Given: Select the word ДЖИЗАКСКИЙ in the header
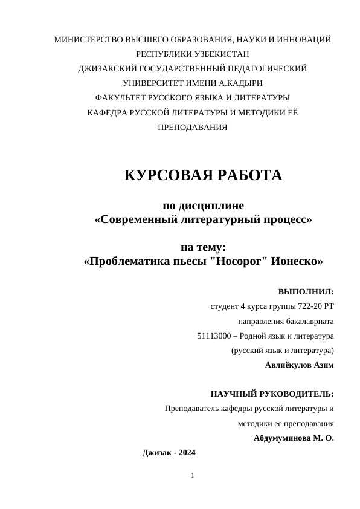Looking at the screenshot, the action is pyautogui.click(x=108, y=69).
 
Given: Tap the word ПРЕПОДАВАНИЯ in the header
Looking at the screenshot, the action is pyautogui.click(x=193, y=128).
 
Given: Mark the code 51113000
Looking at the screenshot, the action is pyautogui.click(x=216, y=336).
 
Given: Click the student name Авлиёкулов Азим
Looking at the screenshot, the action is pyautogui.click(x=299, y=365).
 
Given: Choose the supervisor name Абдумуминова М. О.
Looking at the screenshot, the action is pyautogui.click(x=294, y=438).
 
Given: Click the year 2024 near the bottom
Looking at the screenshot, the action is pyautogui.click(x=186, y=453).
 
